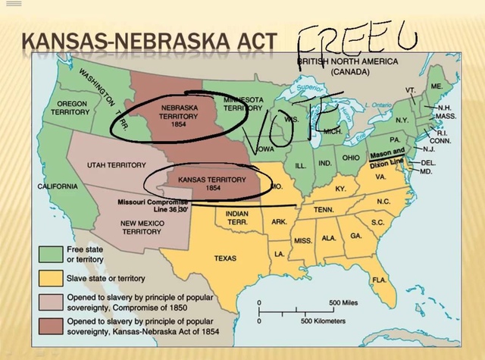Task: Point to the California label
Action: (57, 186)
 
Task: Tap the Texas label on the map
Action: (225, 258)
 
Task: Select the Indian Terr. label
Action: (237, 218)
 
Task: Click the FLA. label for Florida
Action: (379, 280)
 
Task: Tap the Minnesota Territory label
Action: (243, 105)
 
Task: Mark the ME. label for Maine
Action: (436, 87)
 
